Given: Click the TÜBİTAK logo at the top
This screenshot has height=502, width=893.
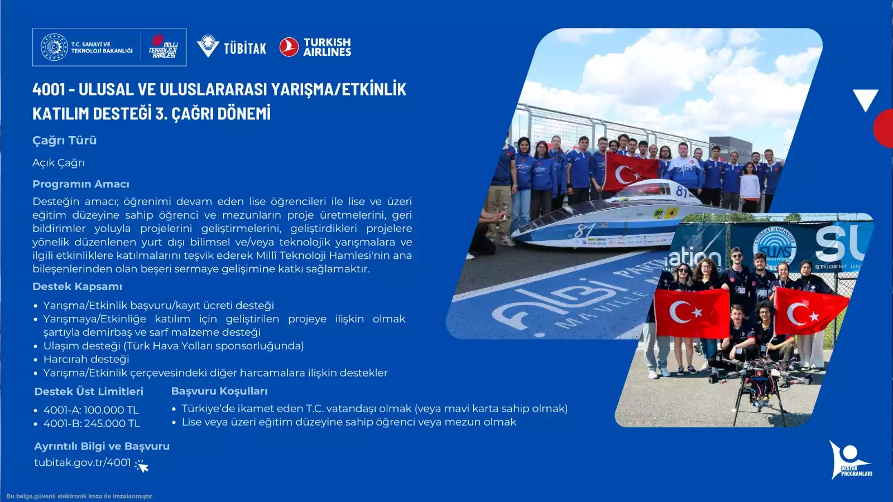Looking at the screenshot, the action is tap(231, 47).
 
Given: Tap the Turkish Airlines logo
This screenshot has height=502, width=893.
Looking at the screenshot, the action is tap(315, 47).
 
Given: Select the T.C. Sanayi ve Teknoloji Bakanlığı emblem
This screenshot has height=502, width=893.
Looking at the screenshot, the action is tap(55, 47).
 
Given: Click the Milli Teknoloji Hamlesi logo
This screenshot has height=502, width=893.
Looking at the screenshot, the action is tap(164, 47).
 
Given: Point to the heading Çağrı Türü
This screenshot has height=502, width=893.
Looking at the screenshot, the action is tap(65, 141).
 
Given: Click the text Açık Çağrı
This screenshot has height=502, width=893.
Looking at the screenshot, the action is tap(59, 163).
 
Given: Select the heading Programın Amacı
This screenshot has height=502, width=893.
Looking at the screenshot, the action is tap(81, 184).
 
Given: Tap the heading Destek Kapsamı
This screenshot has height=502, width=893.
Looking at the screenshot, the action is tap(78, 287).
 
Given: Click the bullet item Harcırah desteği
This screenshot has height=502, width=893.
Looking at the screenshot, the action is tap(86, 359).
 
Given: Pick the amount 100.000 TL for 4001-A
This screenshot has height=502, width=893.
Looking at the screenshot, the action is tap(111, 410).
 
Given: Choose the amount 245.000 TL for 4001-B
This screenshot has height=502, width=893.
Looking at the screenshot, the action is tap(112, 423).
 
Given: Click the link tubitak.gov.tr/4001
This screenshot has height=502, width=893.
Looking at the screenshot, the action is tap(83, 462).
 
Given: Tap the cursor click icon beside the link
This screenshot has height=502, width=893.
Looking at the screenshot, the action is tap(142, 466).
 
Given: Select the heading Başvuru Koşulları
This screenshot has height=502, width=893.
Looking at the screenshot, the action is tap(219, 391).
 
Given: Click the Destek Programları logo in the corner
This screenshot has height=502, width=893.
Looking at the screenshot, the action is tap(851, 460).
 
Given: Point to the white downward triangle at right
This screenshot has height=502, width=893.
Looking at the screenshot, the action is tap(866, 99).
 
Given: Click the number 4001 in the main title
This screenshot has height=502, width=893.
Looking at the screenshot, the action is tap(49, 89).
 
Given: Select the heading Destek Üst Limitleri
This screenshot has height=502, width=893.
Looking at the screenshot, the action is tap(89, 392).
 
